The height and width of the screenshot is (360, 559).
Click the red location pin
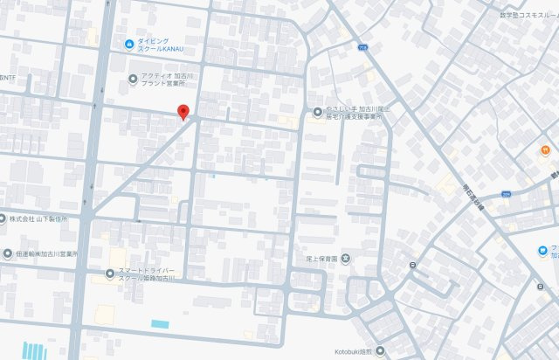(x=183, y=112)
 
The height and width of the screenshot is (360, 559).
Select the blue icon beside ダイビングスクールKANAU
(x=129, y=44)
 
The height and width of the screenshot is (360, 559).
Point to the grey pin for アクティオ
(x=133, y=77)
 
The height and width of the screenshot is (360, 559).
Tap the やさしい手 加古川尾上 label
(x=350, y=112)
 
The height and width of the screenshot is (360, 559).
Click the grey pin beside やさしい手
(x=318, y=111)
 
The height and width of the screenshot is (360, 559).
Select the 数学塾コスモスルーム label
(x=529, y=15)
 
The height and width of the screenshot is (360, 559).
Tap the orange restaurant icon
(x=543, y=150)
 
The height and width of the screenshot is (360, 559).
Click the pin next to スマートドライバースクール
(x=109, y=273)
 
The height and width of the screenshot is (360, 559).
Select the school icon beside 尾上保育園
(x=347, y=258)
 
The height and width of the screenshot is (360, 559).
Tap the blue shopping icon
(x=542, y=252)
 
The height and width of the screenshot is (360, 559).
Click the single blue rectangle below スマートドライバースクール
(x=160, y=324)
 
